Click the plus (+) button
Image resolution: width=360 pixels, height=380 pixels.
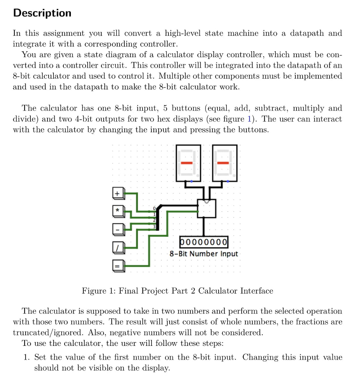tap(117, 193)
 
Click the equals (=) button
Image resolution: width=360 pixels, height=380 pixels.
tap(117, 266)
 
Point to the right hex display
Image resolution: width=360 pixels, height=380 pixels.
tap(224, 163)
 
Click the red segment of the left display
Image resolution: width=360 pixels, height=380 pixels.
tap(186, 163)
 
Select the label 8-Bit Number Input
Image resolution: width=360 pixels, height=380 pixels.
tap(204, 254)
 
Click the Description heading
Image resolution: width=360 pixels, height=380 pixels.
tap(42, 13)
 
